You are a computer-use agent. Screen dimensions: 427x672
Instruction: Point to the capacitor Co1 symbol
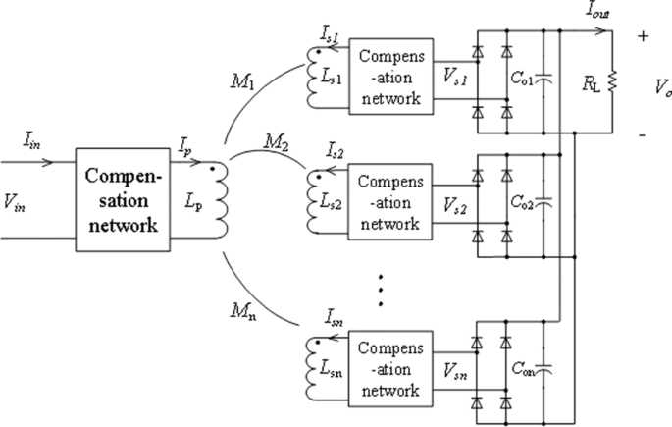pyautogui.click(x=546, y=76)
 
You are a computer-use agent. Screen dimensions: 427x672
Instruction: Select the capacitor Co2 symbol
pyautogui.click(x=546, y=205)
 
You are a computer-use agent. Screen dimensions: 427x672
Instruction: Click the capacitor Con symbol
pyautogui.click(x=546, y=370)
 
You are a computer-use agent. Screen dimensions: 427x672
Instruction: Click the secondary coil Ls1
pyautogui.click(x=316, y=75)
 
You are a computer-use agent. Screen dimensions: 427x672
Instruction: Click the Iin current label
pyautogui.click(x=32, y=141)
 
